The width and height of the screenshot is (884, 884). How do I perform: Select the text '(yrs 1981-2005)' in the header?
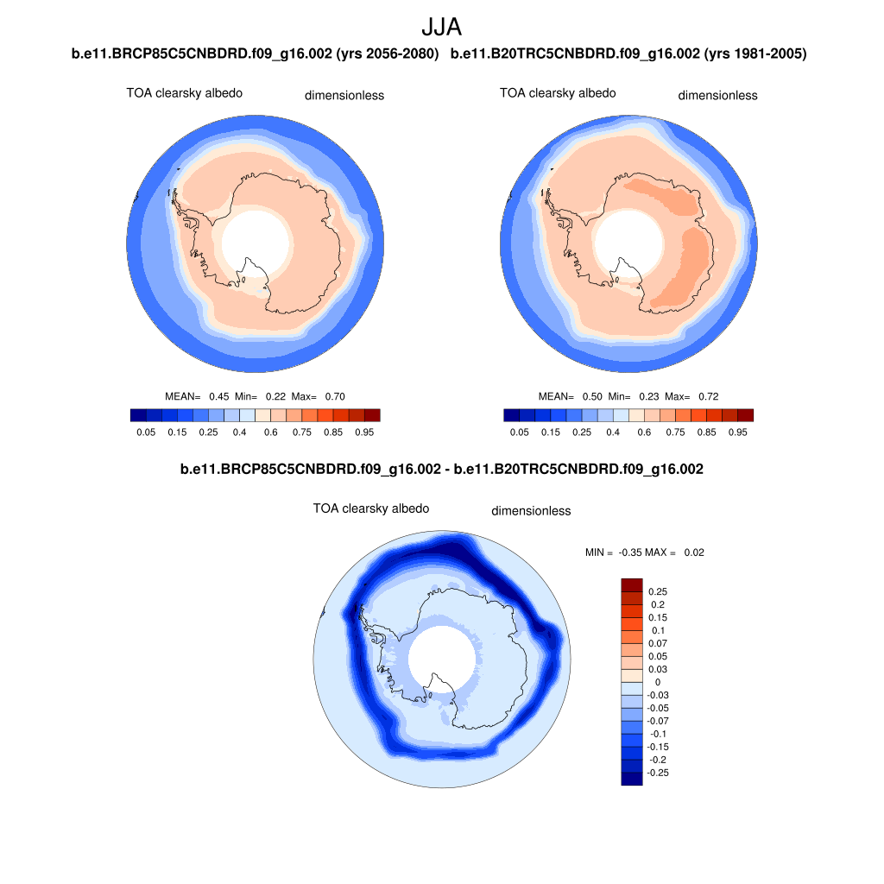point(755,54)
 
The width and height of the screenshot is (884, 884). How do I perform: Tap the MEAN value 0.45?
point(218,396)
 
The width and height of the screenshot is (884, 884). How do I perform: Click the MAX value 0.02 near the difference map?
point(694,552)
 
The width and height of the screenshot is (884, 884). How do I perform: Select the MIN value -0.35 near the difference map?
point(635,552)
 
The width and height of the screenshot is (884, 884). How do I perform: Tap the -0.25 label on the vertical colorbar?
point(658,773)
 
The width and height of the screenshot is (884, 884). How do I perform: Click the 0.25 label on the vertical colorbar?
point(658,592)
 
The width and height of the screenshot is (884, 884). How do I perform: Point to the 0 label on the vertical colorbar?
point(658,682)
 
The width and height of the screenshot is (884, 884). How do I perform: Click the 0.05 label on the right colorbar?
point(519,432)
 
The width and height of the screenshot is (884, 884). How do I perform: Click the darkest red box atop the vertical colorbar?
point(632,585)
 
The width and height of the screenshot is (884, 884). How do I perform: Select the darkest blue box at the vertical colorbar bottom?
point(632,779)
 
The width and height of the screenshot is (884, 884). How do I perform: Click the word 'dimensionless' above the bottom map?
point(531,511)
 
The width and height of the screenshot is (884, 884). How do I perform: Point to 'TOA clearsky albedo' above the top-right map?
point(558,93)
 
